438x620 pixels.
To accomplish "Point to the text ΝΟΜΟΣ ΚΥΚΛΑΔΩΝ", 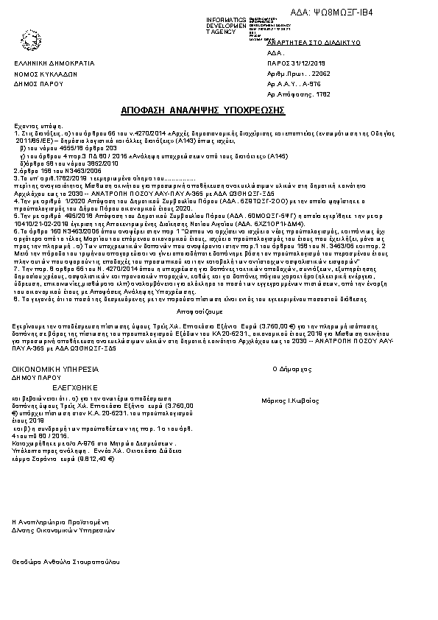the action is click(46, 74).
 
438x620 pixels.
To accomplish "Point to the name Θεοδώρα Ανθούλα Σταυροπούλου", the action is click(66, 561).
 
